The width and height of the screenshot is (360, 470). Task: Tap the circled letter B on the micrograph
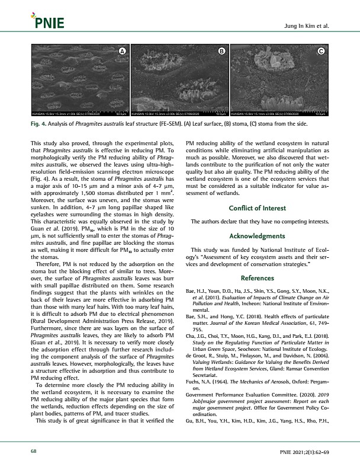(x=221, y=52)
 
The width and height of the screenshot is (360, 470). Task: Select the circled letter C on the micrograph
(x=321, y=52)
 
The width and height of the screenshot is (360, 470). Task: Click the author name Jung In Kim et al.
(x=308, y=27)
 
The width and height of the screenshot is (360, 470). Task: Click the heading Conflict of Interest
(x=257, y=208)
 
